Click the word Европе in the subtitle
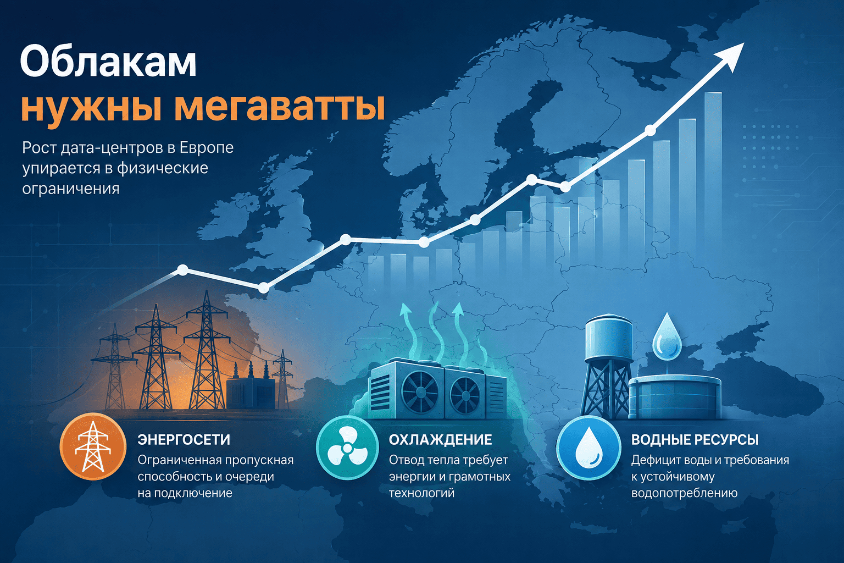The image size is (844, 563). [207, 148]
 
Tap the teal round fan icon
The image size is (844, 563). [347, 447]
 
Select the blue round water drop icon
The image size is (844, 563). [588, 447]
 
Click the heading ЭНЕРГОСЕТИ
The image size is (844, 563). [184, 440]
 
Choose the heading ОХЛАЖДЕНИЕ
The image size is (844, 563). [441, 440]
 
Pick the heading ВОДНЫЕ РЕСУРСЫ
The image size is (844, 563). [695, 440]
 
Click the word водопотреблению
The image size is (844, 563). [684, 493]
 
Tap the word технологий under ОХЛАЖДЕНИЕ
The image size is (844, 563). [421, 493]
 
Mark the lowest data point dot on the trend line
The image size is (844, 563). [264, 288]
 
